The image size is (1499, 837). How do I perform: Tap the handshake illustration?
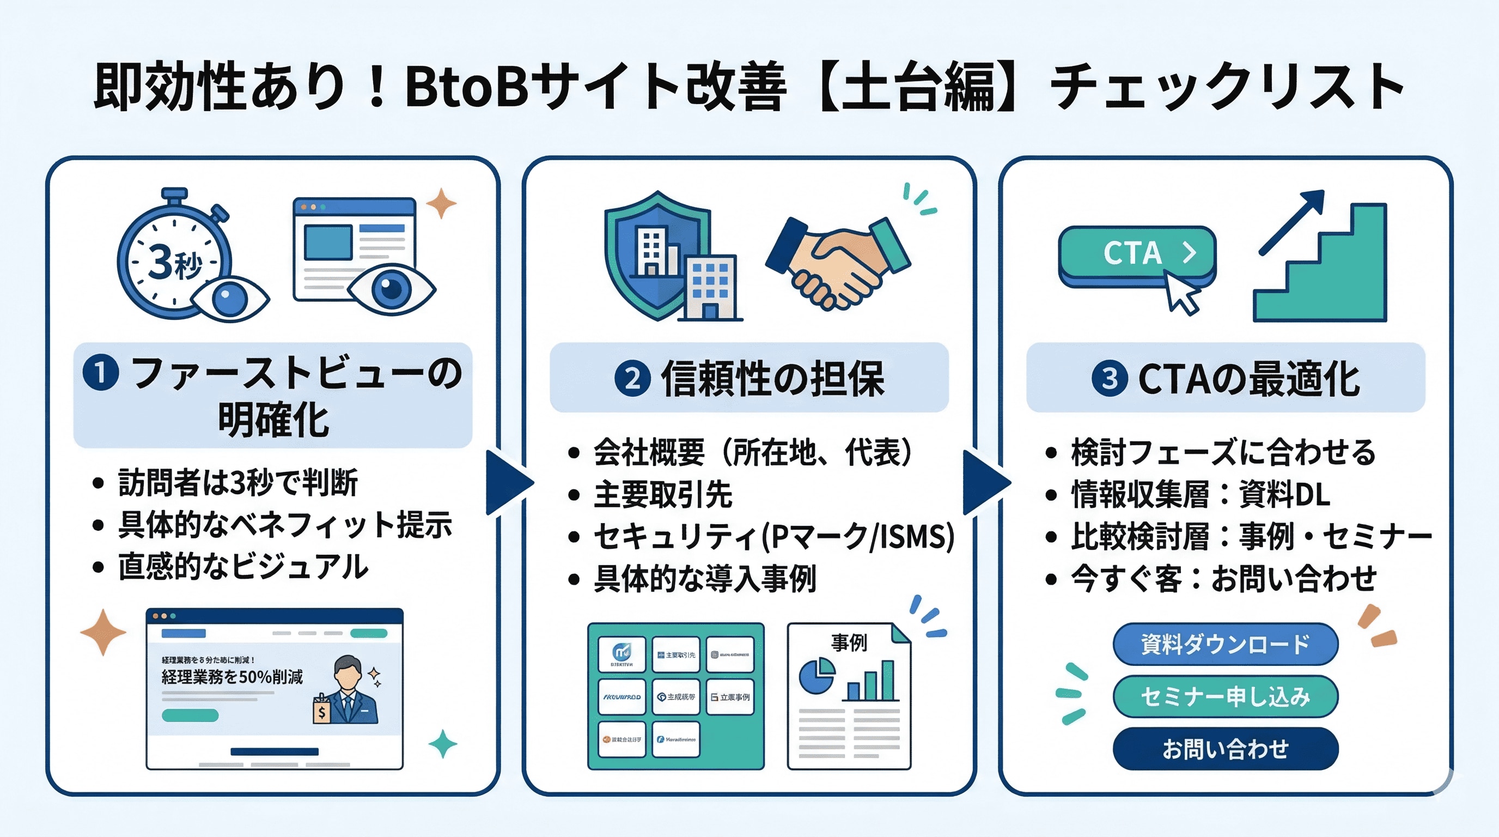tap(838, 262)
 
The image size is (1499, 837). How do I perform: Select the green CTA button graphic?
tap(1136, 254)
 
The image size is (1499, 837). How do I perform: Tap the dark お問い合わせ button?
tap(1225, 749)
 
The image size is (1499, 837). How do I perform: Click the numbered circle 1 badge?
tap(101, 373)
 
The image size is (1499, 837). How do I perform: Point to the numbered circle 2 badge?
tap(632, 379)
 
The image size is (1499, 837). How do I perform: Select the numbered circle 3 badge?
tap(1109, 379)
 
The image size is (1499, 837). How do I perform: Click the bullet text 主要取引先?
tap(662, 495)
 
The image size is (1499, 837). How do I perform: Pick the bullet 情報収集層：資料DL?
tap(1200, 495)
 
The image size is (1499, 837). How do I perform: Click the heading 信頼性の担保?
tap(772, 379)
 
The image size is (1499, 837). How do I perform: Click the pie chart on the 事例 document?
tap(816, 676)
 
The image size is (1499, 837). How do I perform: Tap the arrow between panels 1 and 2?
tap(508, 482)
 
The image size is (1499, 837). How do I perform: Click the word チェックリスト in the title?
tap(1228, 87)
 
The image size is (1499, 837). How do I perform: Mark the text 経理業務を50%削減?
tap(231, 677)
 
